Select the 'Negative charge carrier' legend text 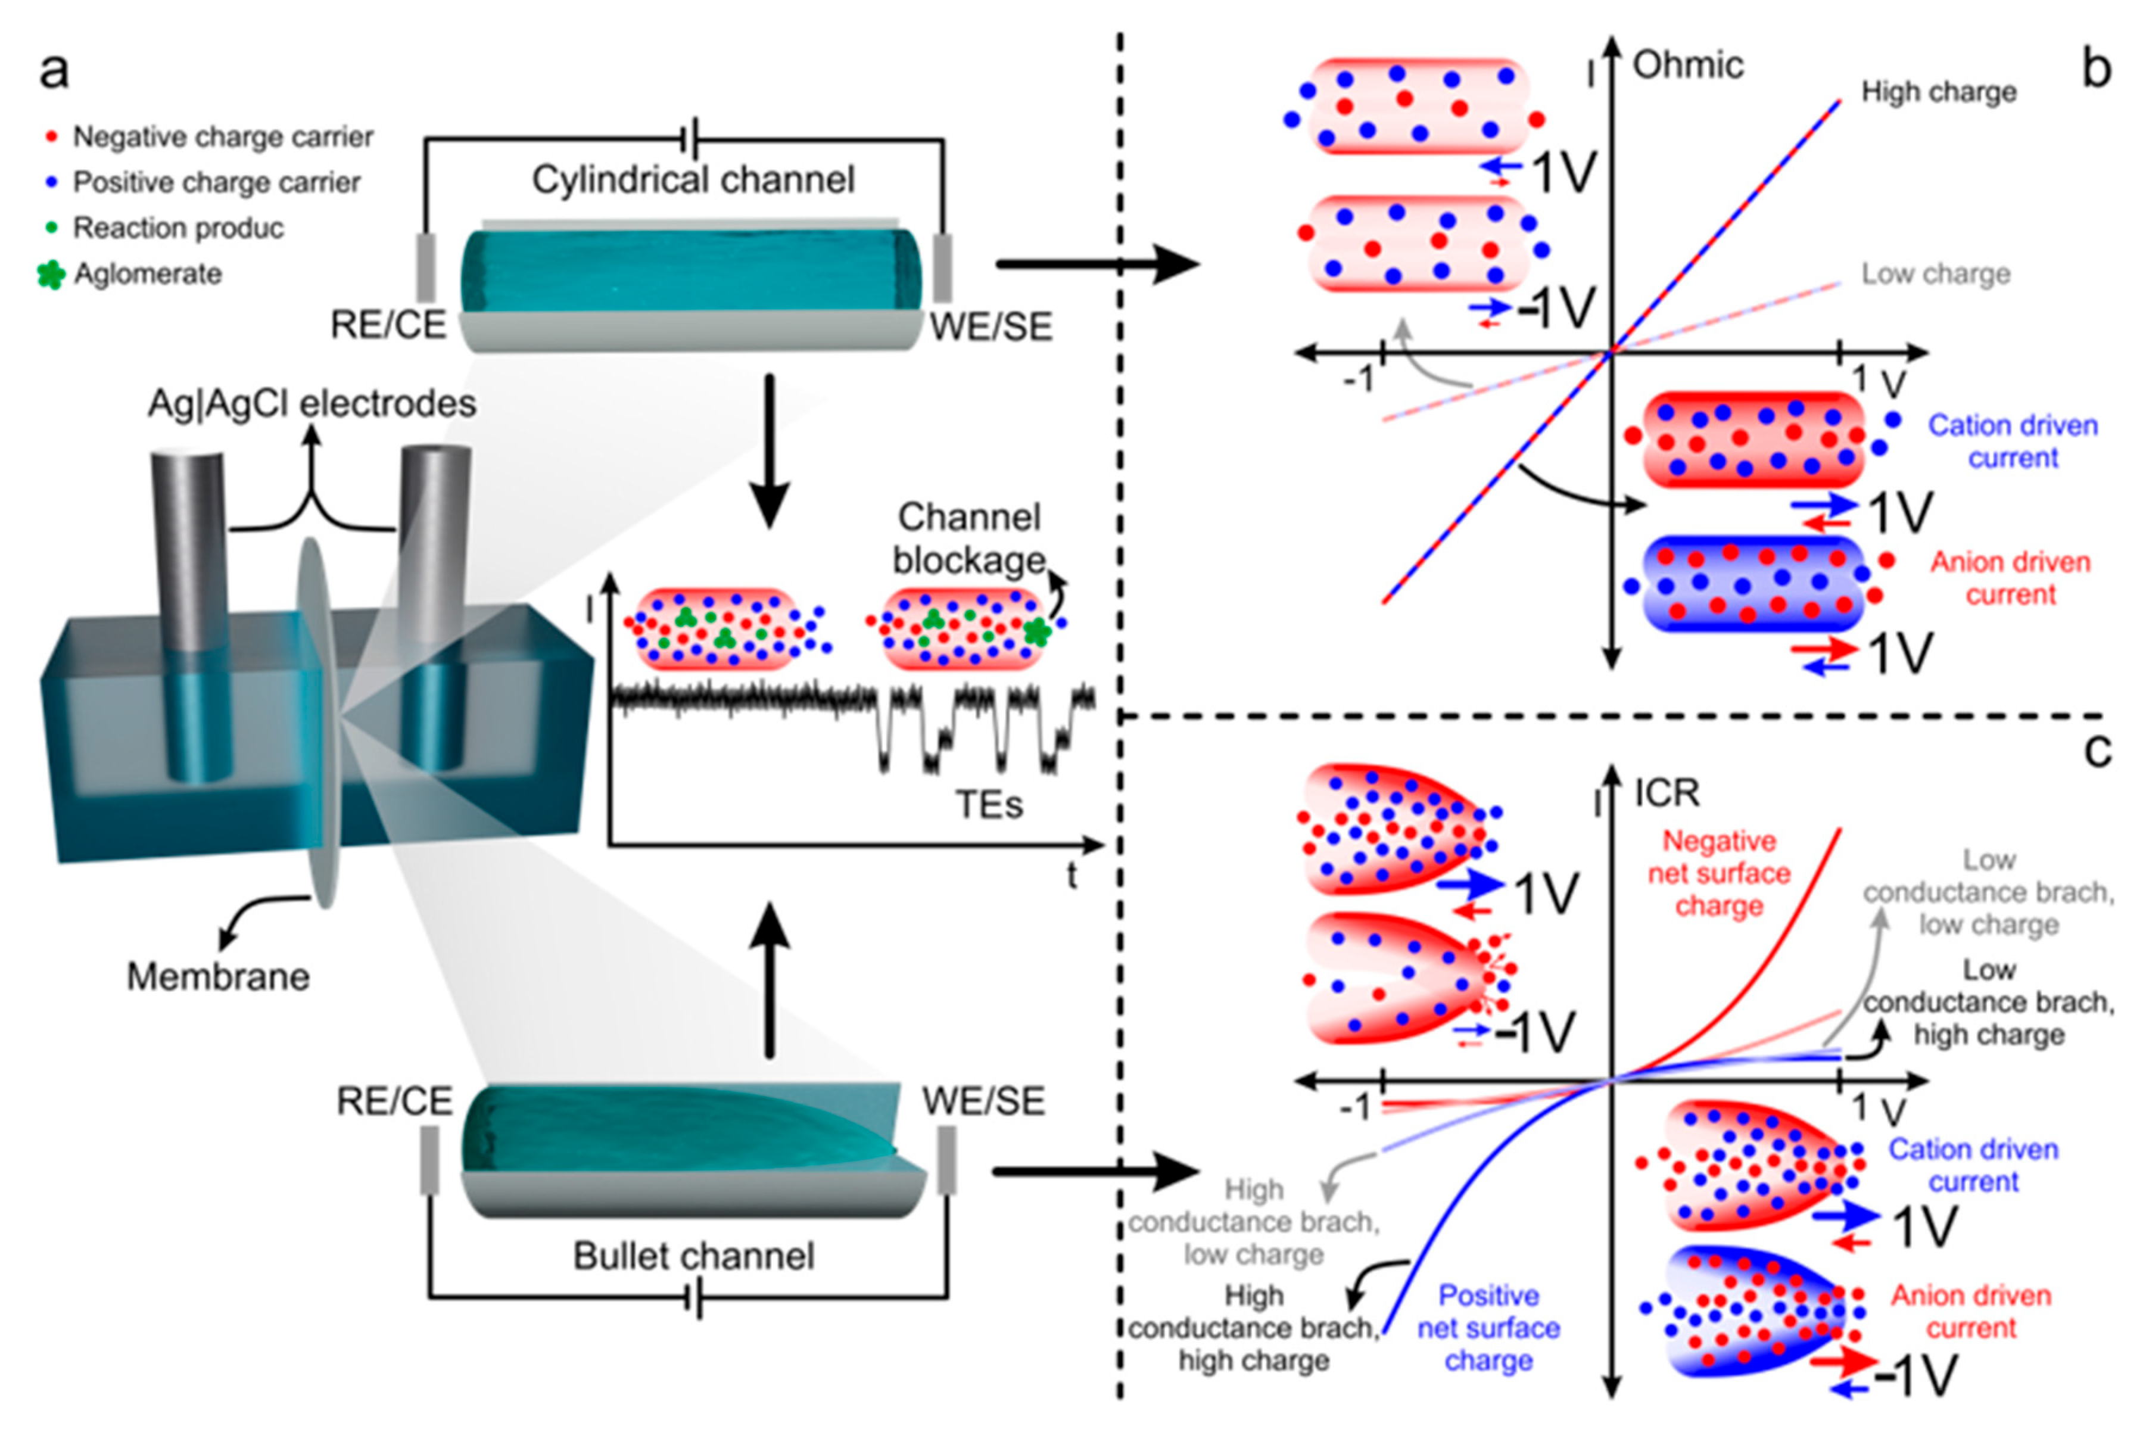click(223, 137)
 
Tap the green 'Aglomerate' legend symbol click(51, 274)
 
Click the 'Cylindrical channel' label click(693, 180)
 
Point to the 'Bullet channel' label click(693, 1256)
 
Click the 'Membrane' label click(218, 976)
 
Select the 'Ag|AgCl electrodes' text click(312, 403)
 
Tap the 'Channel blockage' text click(969, 538)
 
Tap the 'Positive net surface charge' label click(1488, 1327)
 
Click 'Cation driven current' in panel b click(2013, 441)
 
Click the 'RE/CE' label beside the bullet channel click(394, 1101)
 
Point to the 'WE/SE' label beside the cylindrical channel click(990, 326)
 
